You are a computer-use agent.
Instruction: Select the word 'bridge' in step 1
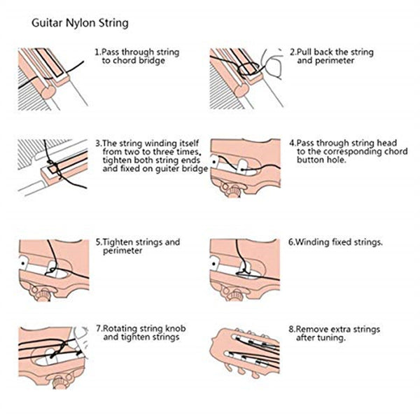[153, 62]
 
